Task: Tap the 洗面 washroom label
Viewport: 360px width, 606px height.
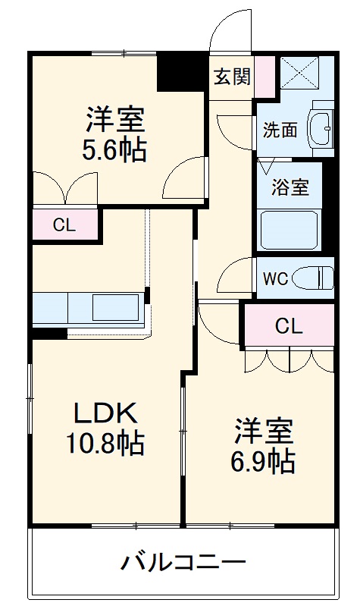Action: coord(280,130)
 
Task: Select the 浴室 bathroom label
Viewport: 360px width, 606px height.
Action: coord(291,187)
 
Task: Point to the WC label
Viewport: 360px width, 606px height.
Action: coord(274,278)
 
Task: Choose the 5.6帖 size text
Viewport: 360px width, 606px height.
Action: coord(115,149)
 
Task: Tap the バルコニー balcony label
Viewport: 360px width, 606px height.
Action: coord(184,564)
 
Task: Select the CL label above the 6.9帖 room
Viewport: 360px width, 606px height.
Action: coord(288,327)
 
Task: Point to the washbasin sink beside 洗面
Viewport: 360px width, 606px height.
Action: coord(321,130)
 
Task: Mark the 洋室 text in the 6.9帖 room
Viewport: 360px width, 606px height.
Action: coord(264,430)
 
